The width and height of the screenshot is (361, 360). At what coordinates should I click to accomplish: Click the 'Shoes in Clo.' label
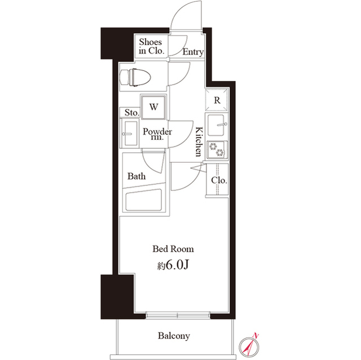tap(151, 46)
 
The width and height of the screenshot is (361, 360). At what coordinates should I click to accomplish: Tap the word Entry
tap(193, 52)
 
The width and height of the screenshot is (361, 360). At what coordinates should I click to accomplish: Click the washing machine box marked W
tap(153, 106)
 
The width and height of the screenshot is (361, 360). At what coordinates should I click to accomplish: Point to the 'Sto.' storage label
tap(131, 112)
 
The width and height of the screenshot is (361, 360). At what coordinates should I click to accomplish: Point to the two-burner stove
tap(217, 150)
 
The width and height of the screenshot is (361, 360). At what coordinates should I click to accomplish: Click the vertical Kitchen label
tap(199, 142)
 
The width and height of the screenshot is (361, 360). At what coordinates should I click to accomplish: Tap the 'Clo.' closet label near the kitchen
tap(219, 180)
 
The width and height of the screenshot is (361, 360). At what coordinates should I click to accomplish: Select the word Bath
tap(137, 176)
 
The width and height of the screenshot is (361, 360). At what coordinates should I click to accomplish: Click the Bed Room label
tap(174, 248)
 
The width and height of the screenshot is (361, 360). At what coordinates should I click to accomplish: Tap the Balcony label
tap(174, 336)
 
